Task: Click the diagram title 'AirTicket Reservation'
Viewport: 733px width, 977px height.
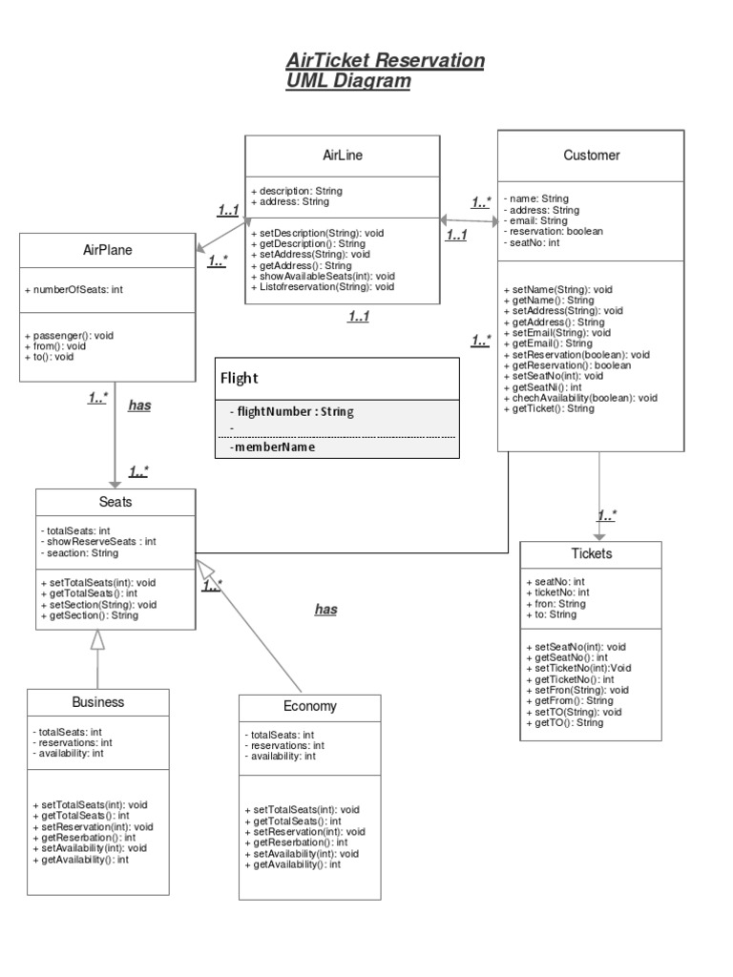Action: point(385,61)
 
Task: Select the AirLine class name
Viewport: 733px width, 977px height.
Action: point(343,155)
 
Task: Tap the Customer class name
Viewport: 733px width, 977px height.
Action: point(591,155)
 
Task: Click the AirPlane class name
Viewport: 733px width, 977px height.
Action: point(108,251)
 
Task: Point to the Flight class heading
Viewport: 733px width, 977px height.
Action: point(240,378)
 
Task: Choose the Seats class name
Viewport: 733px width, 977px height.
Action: point(115,502)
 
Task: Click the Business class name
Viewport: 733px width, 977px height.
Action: point(98,702)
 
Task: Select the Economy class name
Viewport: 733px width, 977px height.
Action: point(309,707)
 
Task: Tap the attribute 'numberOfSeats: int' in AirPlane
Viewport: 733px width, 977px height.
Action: point(75,289)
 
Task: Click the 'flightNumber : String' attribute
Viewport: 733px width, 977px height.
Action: point(295,412)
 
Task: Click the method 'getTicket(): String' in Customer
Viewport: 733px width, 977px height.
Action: point(553,408)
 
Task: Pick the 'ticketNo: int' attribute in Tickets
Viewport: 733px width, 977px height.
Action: point(557,592)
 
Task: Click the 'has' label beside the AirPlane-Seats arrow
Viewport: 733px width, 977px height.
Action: point(139,405)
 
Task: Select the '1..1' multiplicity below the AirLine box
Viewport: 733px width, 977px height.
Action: point(359,317)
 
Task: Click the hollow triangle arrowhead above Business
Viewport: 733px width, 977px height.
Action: point(95,641)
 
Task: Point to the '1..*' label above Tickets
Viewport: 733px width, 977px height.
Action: point(607,516)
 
